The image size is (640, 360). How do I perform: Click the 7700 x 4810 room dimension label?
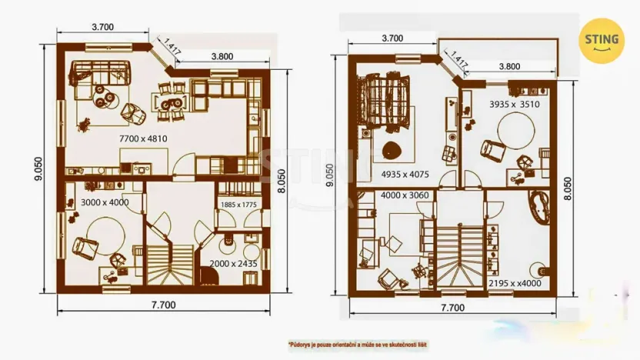tap(142, 138)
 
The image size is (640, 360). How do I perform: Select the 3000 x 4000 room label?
tap(104, 202)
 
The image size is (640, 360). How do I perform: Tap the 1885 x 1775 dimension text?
tap(239, 204)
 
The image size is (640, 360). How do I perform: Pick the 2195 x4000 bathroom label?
tap(515, 283)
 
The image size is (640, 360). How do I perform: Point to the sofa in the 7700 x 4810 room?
tap(102, 74)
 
